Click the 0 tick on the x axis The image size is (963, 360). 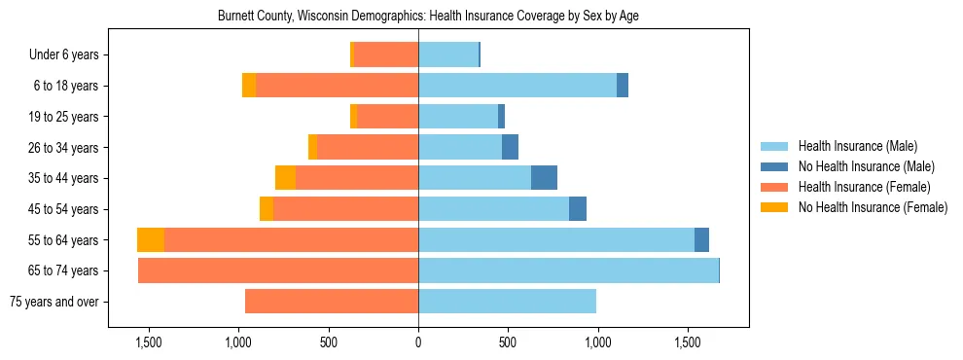[418, 342]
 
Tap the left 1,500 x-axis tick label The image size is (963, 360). [149, 342]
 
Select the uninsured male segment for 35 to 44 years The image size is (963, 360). [544, 178]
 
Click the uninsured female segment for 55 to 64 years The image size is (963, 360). [151, 240]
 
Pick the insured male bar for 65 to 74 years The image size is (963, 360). [568, 270]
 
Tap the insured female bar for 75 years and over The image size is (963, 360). [332, 302]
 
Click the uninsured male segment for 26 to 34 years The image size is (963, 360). [510, 147]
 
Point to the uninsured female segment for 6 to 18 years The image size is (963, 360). [249, 86]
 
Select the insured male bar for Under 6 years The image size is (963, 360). [448, 55]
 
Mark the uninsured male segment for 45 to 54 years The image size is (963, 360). [578, 209]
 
